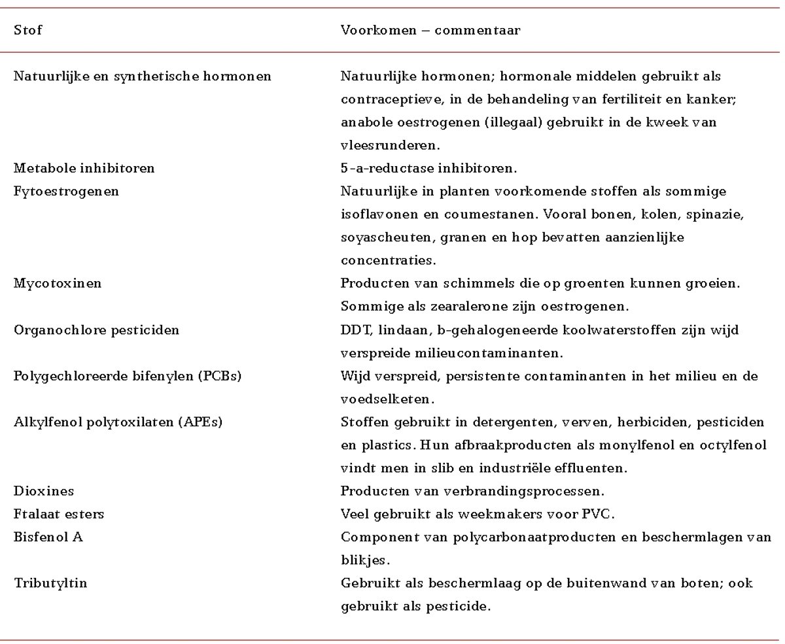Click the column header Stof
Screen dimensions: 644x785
point(28,30)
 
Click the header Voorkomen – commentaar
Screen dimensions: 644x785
point(430,30)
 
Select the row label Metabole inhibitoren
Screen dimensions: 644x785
point(84,168)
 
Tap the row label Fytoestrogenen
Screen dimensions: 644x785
point(67,192)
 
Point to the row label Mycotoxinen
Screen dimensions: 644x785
point(58,283)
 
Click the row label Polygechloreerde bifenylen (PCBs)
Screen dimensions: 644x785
point(128,376)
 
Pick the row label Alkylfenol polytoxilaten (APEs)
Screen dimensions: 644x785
point(118,422)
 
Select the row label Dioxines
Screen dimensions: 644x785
point(44,490)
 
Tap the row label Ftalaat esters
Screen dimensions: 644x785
point(59,514)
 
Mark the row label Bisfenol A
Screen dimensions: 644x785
point(48,537)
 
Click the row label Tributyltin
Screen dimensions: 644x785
point(50,583)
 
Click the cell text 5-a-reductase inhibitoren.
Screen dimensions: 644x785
point(428,168)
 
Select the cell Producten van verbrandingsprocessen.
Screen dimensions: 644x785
point(472,490)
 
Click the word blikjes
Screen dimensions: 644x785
point(362,560)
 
